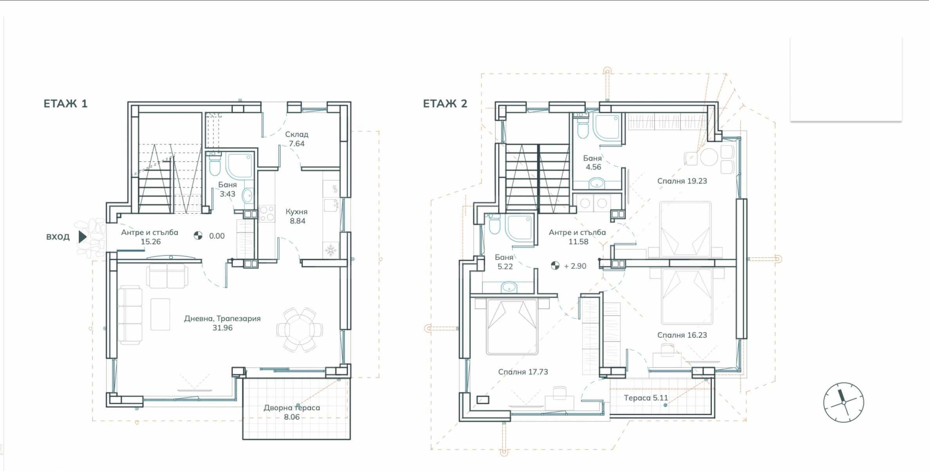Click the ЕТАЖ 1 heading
65,104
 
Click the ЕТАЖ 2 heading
445,104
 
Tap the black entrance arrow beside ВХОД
82,236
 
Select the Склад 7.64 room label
297,139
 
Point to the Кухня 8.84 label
297,216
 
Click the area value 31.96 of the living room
222,328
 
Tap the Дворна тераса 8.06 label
292,412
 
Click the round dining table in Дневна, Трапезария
300,330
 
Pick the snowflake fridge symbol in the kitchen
331,249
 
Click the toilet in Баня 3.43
215,166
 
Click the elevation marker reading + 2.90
569,266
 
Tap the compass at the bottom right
843,402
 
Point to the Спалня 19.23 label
682,181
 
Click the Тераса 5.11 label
646,398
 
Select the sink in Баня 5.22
509,287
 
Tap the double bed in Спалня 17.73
512,327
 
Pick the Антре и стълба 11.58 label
577,237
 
